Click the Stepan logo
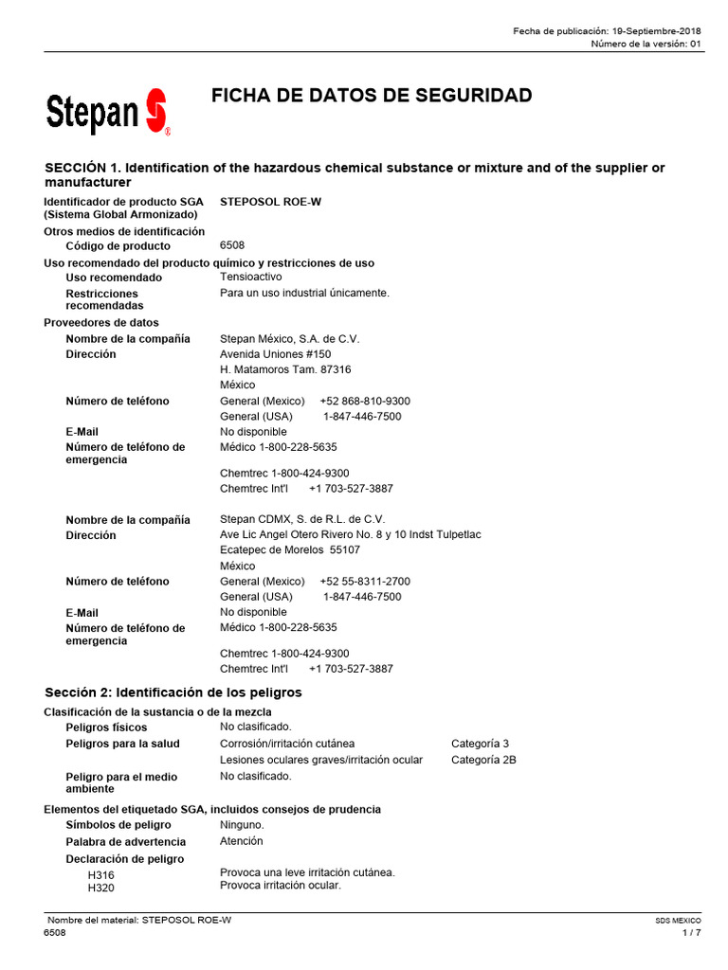point(107,113)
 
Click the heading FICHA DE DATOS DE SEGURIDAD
point(371,96)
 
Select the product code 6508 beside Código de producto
point(232,245)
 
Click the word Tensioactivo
point(250,277)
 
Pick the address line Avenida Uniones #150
point(275,354)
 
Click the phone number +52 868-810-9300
point(365,401)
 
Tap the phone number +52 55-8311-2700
point(365,582)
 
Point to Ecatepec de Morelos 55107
point(290,550)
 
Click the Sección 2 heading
point(173,692)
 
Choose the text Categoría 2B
point(483,760)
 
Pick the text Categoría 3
point(480,744)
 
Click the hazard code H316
point(100,875)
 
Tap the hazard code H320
point(100,888)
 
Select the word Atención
point(242,841)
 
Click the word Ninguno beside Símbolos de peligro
point(242,825)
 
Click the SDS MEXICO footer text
point(678,920)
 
